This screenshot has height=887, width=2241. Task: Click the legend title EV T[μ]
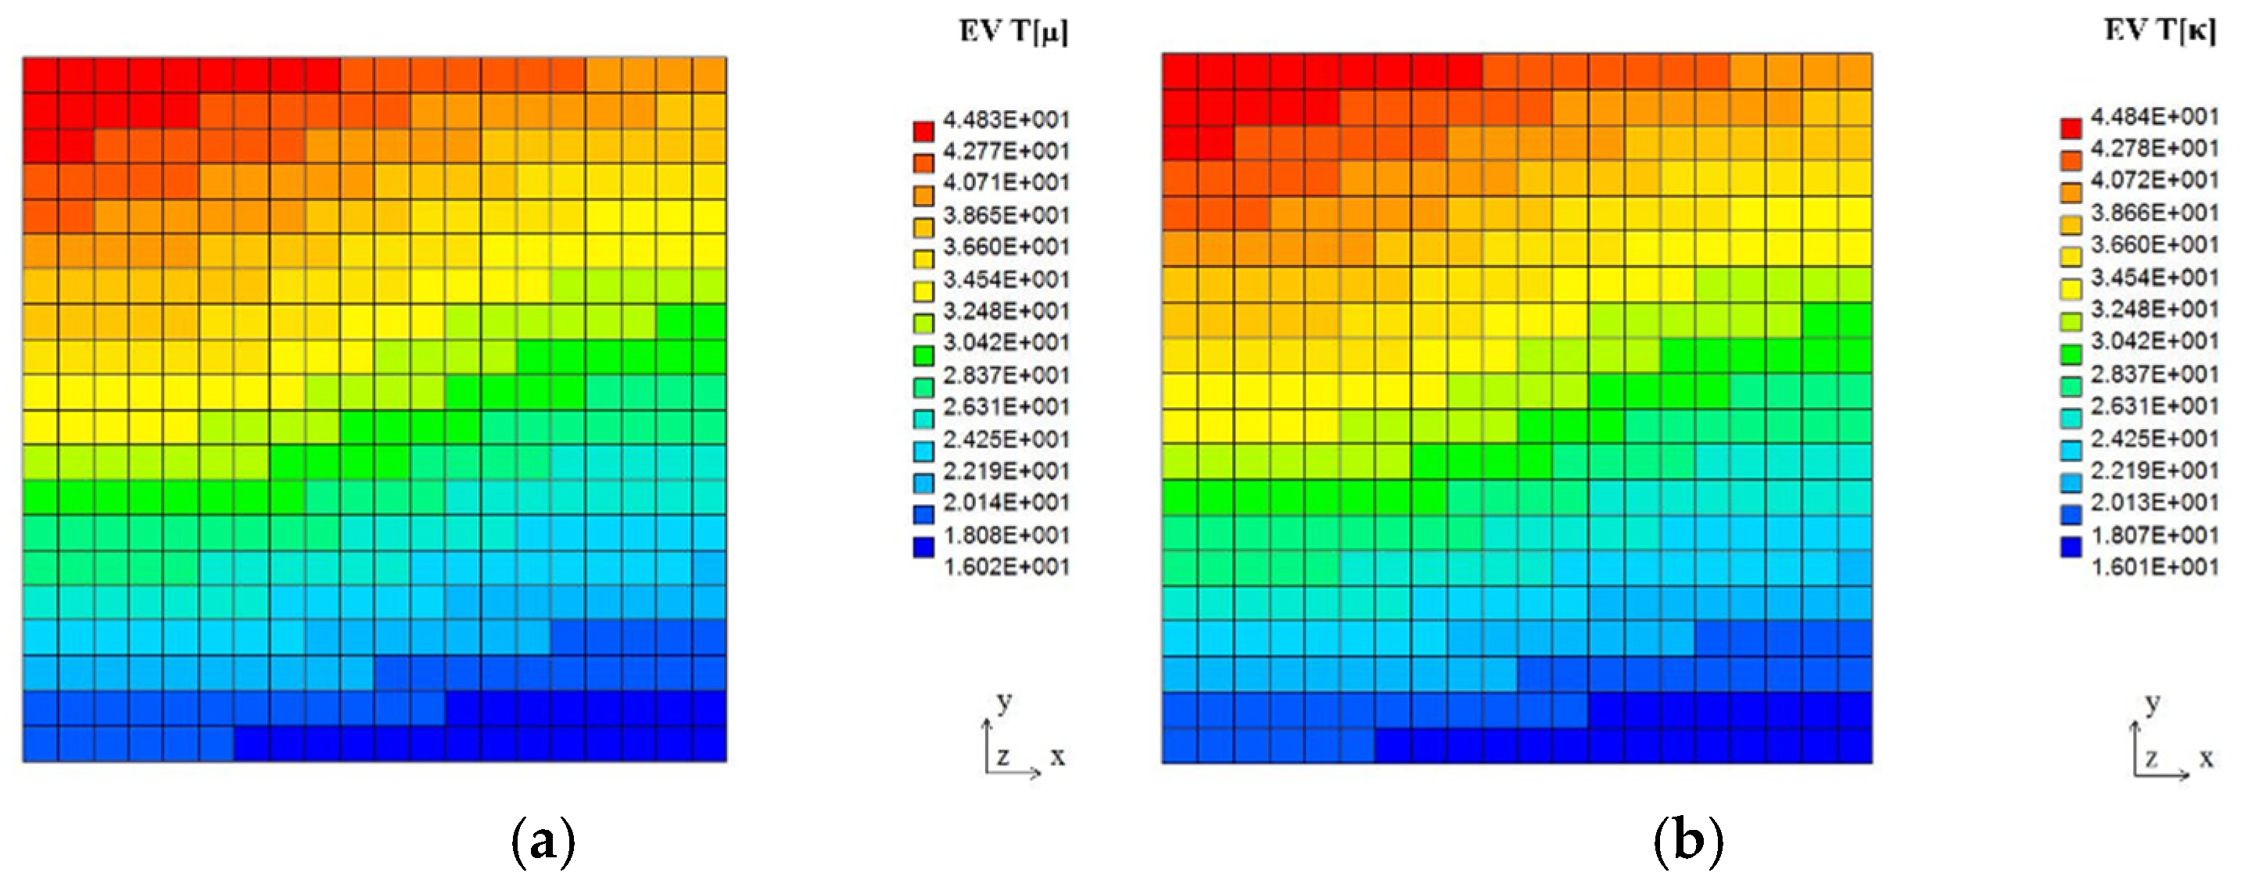pyautogui.click(x=1013, y=31)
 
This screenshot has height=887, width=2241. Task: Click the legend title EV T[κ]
pyautogui.click(x=2159, y=30)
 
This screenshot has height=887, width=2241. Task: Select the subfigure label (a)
pyautogui.click(x=543, y=842)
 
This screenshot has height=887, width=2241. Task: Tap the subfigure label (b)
pyautogui.click(x=1687, y=842)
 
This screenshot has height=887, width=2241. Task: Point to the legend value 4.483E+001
pyautogui.click(x=1006, y=119)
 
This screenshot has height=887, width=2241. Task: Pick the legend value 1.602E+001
pyautogui.click(x=1006, y=567)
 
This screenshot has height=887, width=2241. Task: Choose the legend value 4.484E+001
pyautogui.click(x=2154, y=116)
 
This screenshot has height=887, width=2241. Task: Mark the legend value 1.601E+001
pyautogui.click(x=2154, y=567)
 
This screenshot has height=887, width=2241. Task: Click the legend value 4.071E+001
pyautogui.click(x=1006, y=183)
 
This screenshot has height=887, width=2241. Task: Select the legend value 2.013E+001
pyautogui.click(x=2154, y=503)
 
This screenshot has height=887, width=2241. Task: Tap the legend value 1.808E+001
pyautogui.click(x=1006, y=535)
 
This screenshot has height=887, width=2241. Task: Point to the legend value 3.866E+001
pyautogui.click(x=2154, y=213)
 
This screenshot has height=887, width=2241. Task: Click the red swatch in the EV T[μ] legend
pyautogui.click(x=923, y=131)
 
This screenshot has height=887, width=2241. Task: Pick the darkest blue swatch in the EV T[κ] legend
pyautogui.click(x=2071, y=547)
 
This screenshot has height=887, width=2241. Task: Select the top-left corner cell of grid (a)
pyautogui.click(x=41, y=75)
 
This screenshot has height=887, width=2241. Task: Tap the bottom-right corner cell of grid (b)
pyautogui.click(x=1855, y=746)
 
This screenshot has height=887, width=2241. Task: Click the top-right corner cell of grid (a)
pyautogui.click(x=709, y=75)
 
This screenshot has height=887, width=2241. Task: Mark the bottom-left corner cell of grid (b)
pyautogui.click(x=1181, y=746)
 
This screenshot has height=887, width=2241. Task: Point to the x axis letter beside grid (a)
pyautogui.click(x=1057, y=757)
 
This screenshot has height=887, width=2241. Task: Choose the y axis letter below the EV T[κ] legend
pyautogui.click(x=2153, y=703)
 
